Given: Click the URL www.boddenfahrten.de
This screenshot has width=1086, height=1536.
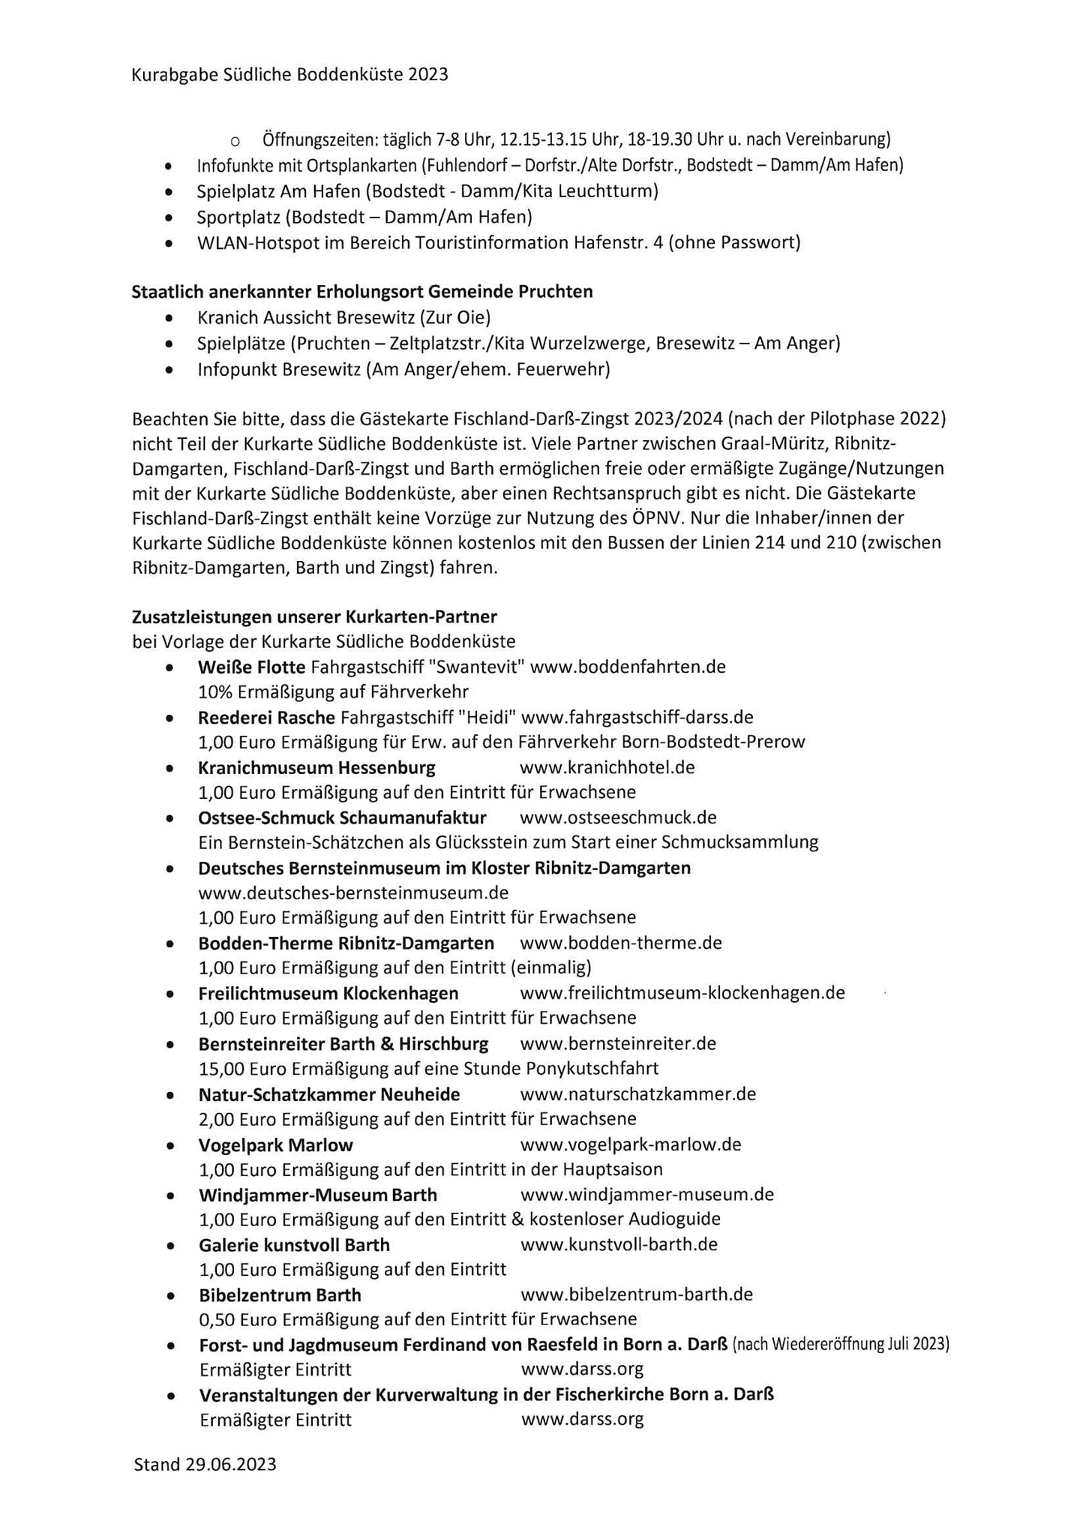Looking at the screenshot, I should point(628,667).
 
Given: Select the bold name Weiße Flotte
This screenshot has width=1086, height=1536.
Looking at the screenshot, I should point(251,667).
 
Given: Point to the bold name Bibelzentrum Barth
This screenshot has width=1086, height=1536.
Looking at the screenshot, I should point(280,1295).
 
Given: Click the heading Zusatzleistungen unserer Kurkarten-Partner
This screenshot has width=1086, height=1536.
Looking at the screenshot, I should point(314,617).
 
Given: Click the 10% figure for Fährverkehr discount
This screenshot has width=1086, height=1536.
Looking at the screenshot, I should point(212,691).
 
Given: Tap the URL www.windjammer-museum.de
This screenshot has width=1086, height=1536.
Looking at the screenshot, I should point(646,1194).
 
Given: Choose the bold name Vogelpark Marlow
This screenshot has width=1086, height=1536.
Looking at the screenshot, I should point(275,1145).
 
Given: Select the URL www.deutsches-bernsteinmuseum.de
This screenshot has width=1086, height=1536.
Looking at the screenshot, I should point(353,893).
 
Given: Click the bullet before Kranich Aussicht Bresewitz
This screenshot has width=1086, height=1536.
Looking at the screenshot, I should point(172,318).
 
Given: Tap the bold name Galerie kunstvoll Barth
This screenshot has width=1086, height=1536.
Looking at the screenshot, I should point(294,1245).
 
